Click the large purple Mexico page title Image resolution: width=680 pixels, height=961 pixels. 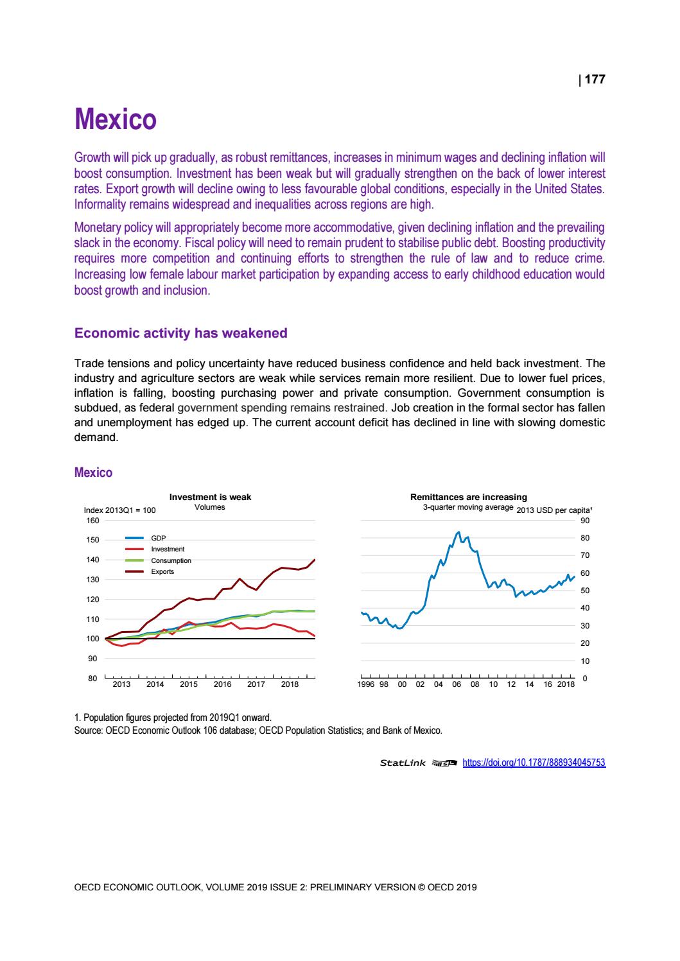point(116,120)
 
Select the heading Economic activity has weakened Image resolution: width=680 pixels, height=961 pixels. point(181,333)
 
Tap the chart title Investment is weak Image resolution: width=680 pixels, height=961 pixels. point(210,497)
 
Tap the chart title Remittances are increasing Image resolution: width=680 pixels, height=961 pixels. point(468,497)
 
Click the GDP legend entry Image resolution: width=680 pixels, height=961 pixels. point(158,538)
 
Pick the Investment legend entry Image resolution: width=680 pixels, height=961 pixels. point(167,549)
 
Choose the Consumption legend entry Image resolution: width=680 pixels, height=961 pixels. point(171,560)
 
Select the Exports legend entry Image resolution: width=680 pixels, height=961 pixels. point(162,571)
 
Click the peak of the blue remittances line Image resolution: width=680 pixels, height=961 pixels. point(458,532)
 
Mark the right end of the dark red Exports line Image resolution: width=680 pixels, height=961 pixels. point(315,560)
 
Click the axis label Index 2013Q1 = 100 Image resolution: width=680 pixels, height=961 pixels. point(120,510)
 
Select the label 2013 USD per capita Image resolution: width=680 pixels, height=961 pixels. point(554,510)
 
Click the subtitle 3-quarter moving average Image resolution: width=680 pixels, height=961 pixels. point(467,507)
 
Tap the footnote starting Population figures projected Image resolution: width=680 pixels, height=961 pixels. point(173,716)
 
